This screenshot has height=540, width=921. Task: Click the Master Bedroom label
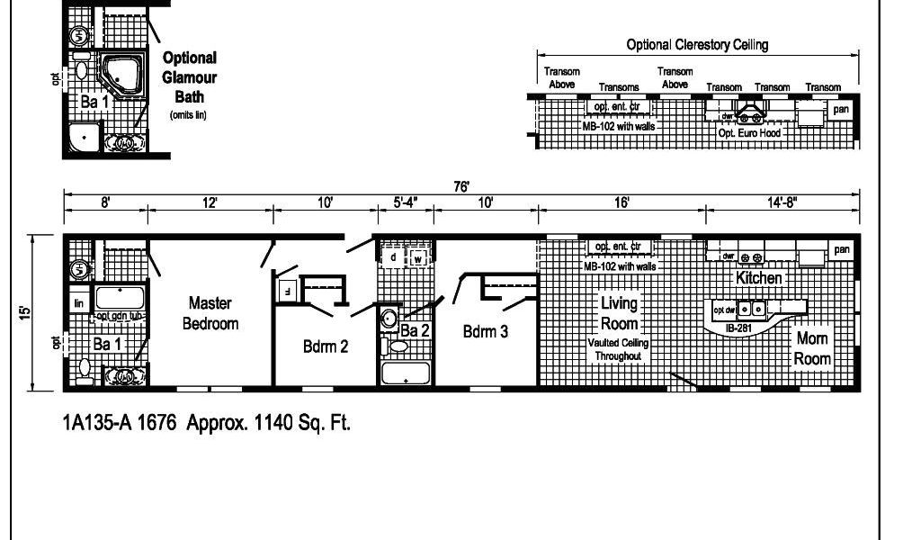[210, 312]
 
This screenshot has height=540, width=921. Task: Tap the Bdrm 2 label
[325, 347]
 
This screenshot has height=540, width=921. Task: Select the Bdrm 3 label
[486, 331]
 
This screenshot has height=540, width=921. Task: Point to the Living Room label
[619, 314]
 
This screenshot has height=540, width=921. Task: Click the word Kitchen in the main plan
[759, 278]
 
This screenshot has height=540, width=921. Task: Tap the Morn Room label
[812, 348]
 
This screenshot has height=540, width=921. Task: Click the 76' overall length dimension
[461, 187]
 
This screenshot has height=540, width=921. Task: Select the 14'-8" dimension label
[782, 203]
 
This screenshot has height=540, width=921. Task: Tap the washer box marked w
[418, 257]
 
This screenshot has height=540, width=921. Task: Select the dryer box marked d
[394, 257]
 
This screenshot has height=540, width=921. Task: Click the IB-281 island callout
[738, 328]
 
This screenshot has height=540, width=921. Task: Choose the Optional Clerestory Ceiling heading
[697, 45]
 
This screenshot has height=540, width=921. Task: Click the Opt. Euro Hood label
[749, 133]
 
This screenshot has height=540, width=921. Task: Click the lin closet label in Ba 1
[78, 304]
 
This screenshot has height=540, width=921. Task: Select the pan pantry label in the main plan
[841, 249]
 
